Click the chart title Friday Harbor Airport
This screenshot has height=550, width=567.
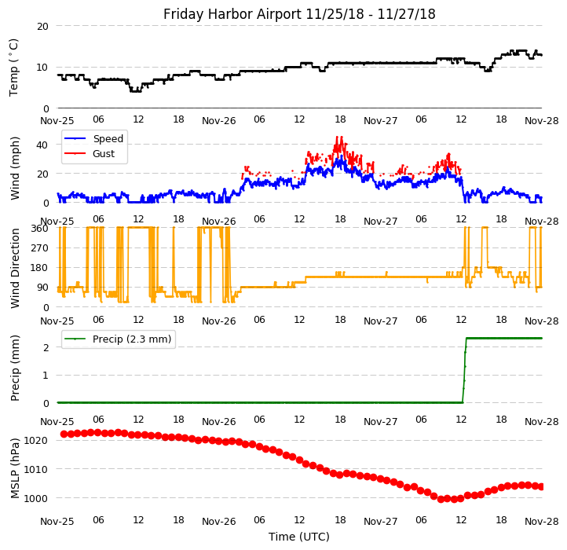(299, 14)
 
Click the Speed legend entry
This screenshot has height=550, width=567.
(108, 139)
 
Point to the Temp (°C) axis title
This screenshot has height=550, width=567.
(14, 67)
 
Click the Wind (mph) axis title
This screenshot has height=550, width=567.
(15, 167)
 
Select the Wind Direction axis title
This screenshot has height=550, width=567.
(15, 267)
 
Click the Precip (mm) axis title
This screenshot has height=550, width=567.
(15, 368)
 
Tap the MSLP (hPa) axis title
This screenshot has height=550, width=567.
(15, 467)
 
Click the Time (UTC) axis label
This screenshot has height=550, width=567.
(299, 537)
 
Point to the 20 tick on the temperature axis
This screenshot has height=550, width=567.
(42, 26)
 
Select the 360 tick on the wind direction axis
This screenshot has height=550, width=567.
(39, 228)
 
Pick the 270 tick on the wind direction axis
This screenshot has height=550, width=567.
(39, 247)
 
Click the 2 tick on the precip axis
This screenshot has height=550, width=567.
(46, 347)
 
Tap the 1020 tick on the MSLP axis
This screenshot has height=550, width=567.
(36, 440)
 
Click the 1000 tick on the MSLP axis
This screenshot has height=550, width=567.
(36, 498)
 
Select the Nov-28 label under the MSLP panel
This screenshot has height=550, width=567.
(542, 521)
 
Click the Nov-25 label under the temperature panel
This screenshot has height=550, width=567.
(57, 121)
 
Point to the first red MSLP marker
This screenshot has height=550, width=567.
(64, 434)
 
